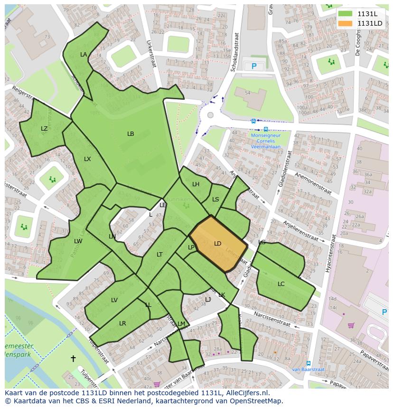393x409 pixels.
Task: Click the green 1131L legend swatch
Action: point(346,14)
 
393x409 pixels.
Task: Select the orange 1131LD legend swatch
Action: point(346,23)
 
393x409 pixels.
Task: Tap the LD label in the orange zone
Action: point(217,244)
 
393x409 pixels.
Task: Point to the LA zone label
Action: point(84,55)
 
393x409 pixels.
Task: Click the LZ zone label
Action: point(44,129)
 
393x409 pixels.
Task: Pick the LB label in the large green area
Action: point(131,134)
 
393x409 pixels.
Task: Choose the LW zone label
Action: point(78,241)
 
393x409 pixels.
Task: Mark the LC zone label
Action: point(281,284)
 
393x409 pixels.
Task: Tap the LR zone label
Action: point(122,323)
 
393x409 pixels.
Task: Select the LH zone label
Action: point(196,184)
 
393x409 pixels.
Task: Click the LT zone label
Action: point(159,255)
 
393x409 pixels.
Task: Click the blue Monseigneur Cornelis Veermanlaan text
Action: point(266,141)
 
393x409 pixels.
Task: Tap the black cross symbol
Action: point(73,359)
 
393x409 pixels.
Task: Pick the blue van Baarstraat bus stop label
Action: point(308,369)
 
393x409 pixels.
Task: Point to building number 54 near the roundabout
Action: point(247,93)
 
